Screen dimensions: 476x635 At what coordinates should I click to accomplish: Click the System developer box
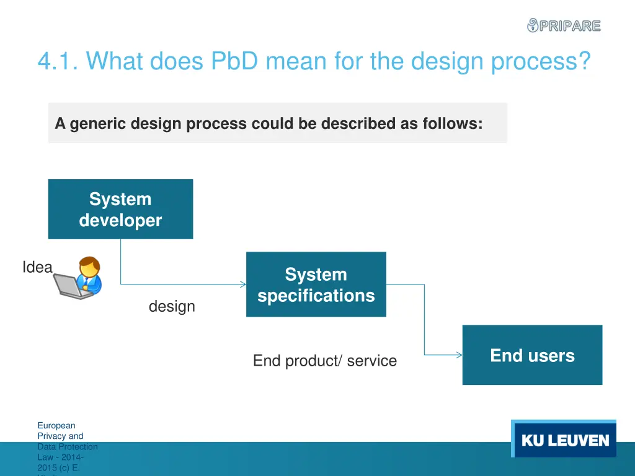coord(120,209)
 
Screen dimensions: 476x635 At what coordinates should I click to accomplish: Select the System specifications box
coord(316,284)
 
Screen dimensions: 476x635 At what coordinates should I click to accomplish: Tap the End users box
coord(532,355)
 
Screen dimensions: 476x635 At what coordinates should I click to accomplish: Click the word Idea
coord(37,267)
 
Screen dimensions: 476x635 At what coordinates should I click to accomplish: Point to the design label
coord(172,306)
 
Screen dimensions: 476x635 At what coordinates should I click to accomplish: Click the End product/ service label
coord(324,361)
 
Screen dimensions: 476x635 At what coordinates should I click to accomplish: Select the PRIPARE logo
coord(564,25)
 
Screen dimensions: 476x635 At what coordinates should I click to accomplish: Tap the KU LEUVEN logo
coord(564,441)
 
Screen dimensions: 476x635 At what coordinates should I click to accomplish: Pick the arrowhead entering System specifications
coord(242,284)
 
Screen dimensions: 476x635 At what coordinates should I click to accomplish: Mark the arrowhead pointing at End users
coord(459,355)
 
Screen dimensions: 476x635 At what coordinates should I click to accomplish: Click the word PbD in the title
coord(234,61)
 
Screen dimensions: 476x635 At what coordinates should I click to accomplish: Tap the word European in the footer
coord(56,425)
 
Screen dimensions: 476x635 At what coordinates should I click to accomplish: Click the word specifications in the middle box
coord(316,296)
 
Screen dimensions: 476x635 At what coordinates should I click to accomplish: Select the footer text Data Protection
coord(67,446)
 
